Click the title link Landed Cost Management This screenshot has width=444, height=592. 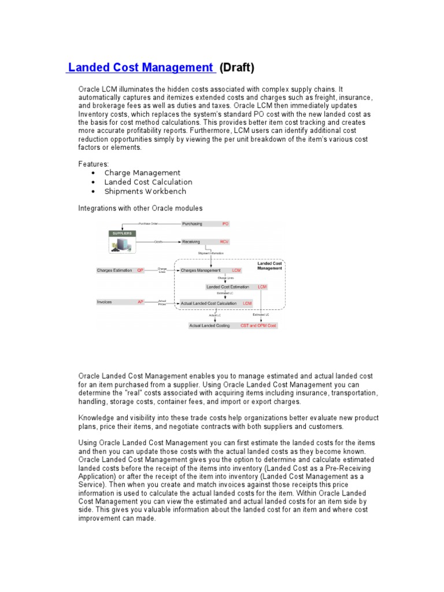(140, 68)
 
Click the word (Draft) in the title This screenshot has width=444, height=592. (237, 68)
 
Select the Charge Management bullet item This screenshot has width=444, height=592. (142, 173)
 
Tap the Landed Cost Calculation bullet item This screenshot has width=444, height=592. (148, 182)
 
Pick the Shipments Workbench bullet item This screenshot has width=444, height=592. (145, 191)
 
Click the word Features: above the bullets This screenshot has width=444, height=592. (93, 164)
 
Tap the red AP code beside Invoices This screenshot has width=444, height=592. (140, 302)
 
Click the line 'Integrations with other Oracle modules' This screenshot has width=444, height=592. (140, 208)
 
